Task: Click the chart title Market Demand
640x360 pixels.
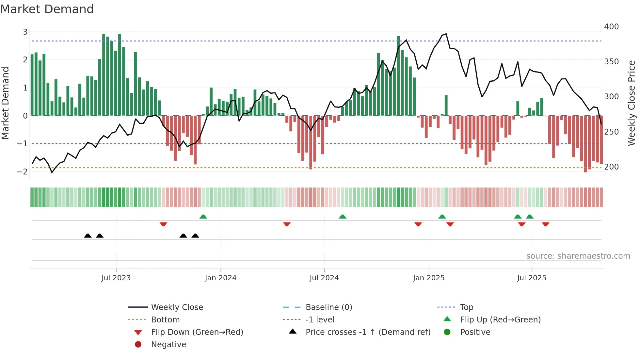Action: pyautogui.click(x=47, y=9)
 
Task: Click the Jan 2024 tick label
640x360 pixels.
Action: pyautogui.click(x=220, y=278)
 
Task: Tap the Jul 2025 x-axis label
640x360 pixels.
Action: pyautogui.click(x=531, y=278)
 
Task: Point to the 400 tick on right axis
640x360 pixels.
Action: pyautogui.click(x=611, y=27)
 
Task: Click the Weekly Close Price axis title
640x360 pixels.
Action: pyautogui.click(x=632, y=103)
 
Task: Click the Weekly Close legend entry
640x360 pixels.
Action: pyautogui.click(x=177, y=307)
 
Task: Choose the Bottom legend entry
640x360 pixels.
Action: pyautogui.click(x=165, y=320)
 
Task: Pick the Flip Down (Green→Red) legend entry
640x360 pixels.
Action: pyautogui.click(x=197, y=332)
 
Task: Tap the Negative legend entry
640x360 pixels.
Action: pyautogui.click(x=168, y=345)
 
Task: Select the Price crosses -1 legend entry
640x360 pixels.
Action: pyautogui.click(x=368, y=332)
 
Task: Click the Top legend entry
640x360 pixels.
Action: pyautogui.click(x=466, y=307)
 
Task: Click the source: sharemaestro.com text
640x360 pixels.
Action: pyautogui.click(x=578, y=256)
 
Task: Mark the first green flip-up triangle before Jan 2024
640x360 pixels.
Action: pyautogui.click(x=203, y=217)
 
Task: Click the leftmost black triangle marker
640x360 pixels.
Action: pyautogui.click(x=88, y=236)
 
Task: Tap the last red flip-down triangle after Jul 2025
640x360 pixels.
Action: pyautogui.click(x=545, y=224)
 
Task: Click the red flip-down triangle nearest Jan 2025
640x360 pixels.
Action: pyautogui.click(x=418, y=224)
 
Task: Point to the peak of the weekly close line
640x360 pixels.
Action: pyautogui.click(x=446, y=34)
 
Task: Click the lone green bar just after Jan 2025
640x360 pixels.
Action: pyautogui.click(x=446, y=105)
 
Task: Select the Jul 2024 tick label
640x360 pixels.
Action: pyautogui.click(x=324, y=278)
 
